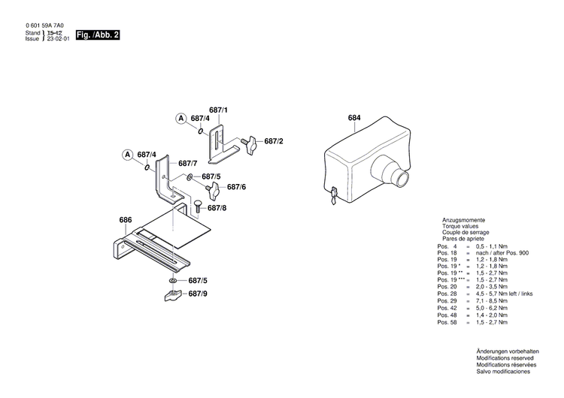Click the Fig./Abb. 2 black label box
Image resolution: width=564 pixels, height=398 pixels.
98,35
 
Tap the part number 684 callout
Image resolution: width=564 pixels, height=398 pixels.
354,118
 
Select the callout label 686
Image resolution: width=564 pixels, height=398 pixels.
126,220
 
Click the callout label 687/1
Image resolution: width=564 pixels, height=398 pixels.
218,110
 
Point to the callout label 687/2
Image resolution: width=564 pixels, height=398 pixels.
273,141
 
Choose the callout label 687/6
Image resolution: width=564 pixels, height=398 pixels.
237,186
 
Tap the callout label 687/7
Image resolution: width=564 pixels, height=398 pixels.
188,163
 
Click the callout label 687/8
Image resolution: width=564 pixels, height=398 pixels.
217,208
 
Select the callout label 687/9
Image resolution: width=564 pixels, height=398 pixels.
198,294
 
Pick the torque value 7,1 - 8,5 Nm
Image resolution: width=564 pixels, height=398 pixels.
493,300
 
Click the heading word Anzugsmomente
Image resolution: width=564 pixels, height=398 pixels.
464,219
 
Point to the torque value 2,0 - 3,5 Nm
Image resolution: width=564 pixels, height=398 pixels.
493,287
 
